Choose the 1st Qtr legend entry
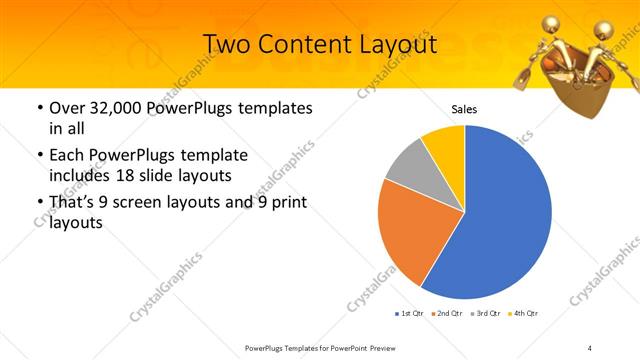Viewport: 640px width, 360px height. click(x=409, y=314)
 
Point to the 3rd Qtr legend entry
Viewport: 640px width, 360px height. click(x=485, y=314)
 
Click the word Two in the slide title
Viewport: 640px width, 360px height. click(x=227, y=44)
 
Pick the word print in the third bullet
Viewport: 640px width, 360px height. click(x=285, y=203)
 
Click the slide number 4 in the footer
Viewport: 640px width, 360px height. click(x=590, y=347)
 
